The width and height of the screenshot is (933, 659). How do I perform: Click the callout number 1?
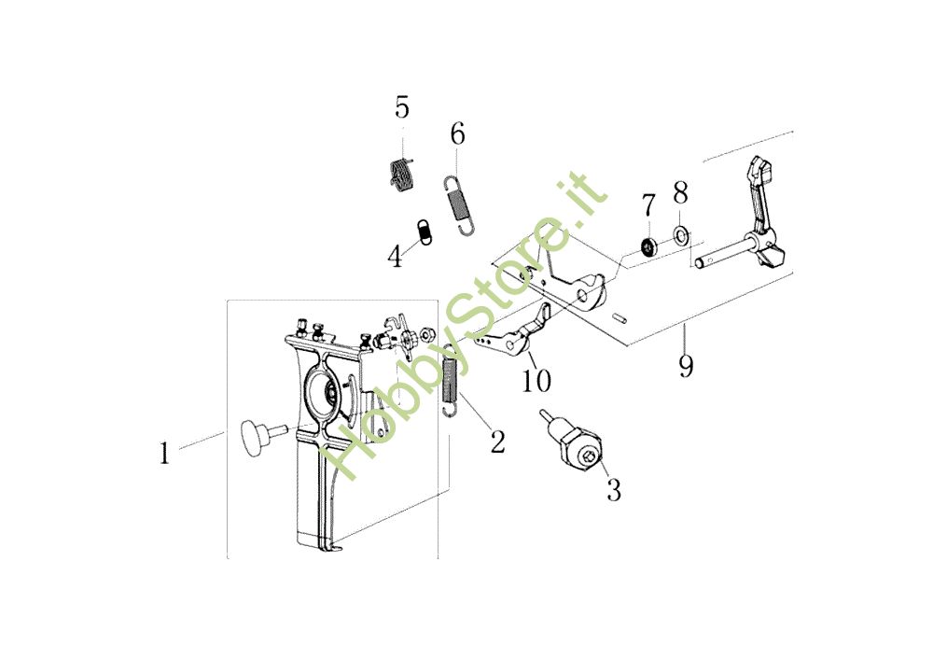point(164,454)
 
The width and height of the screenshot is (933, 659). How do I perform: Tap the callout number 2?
point(497,441)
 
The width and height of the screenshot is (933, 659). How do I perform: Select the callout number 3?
point(613,489)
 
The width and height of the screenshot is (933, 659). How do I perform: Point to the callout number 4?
point(396,256)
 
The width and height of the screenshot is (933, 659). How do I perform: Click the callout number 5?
point(401,107)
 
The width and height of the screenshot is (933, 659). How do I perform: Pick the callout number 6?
point(457,133)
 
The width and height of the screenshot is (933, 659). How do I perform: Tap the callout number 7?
point(648,203)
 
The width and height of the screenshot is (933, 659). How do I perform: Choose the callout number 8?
point(680,193)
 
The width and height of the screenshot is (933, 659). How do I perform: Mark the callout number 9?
point(686,364)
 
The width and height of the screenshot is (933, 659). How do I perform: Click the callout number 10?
point(536,382)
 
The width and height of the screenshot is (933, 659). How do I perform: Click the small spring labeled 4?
point(424,231)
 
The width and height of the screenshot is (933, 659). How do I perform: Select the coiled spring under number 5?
point(400,175)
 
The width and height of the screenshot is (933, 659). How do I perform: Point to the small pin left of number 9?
point(620,317)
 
